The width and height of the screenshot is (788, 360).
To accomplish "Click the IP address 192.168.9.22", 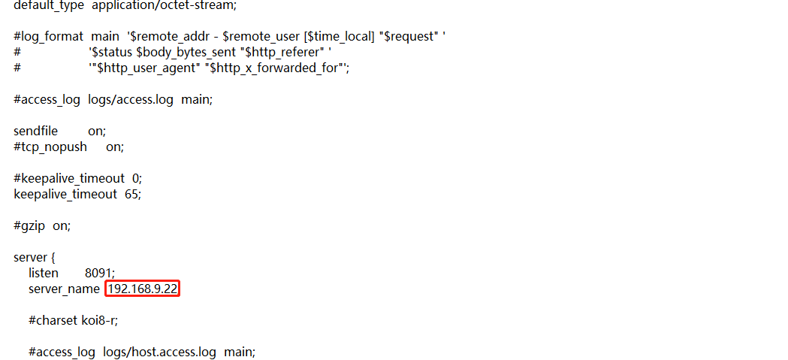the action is [x=143, y=289].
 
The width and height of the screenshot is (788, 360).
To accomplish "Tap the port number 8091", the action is [x=99, y=274].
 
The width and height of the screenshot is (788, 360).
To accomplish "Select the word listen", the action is [x=44, y=274].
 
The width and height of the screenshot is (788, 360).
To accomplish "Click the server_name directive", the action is [x=64, y=289].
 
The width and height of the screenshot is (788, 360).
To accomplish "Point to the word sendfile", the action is [x=35, y=131].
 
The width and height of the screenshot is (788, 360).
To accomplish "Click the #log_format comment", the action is [x=49, y=36].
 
